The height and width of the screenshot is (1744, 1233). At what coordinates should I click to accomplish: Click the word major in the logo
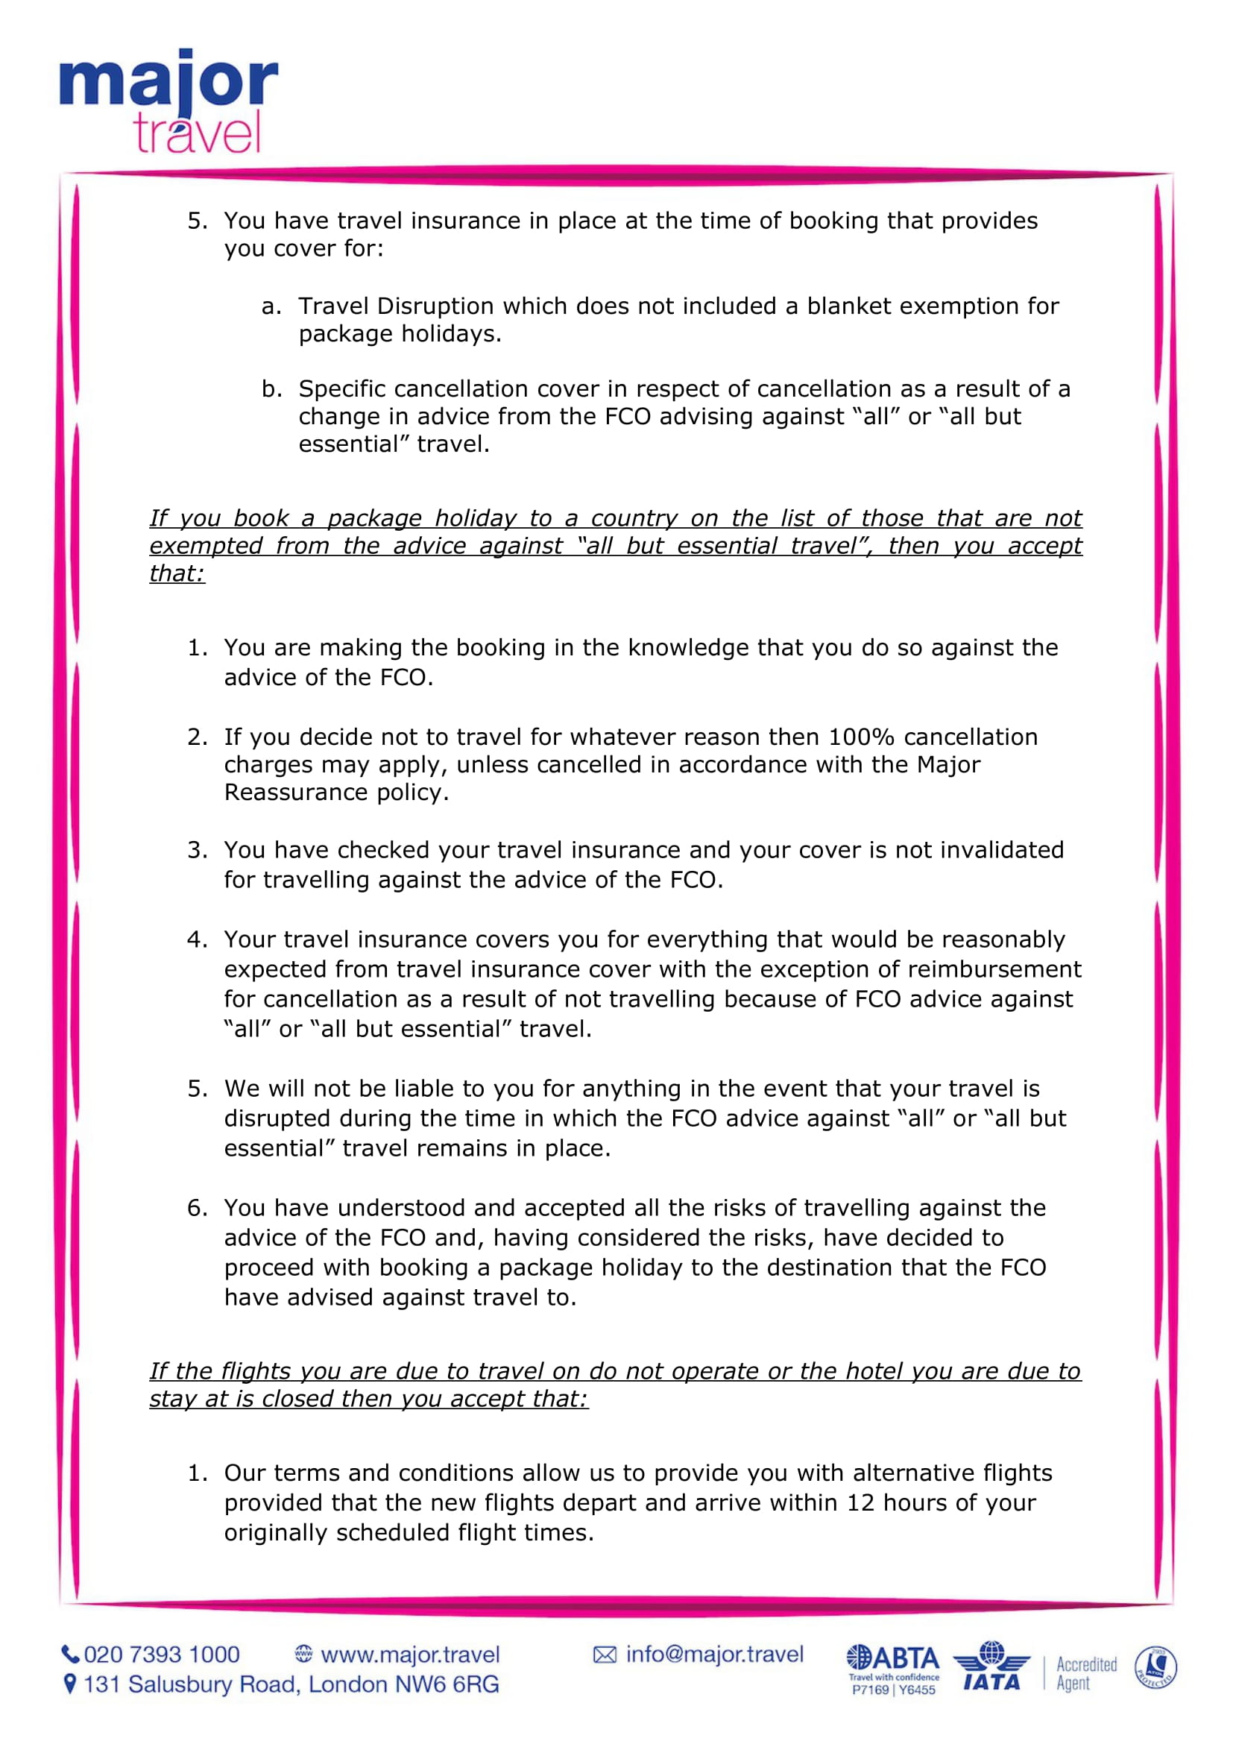click(168, 82)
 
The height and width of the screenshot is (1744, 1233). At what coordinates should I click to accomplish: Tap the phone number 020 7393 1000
click(162, 1654)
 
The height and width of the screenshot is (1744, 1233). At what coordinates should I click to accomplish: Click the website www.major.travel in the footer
click(410, 1654)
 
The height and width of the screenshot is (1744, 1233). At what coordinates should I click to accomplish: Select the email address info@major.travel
click(713, 1654)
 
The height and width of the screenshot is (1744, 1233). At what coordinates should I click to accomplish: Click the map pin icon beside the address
click(70, 1684)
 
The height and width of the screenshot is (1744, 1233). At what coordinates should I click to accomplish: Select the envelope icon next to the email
click(605, 1655)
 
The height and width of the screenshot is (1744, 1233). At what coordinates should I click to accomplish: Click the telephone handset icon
click(70, 1654)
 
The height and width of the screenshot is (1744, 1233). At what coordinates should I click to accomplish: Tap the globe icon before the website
click(303, 1654)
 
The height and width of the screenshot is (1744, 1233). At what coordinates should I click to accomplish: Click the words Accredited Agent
click(1085, 1672)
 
